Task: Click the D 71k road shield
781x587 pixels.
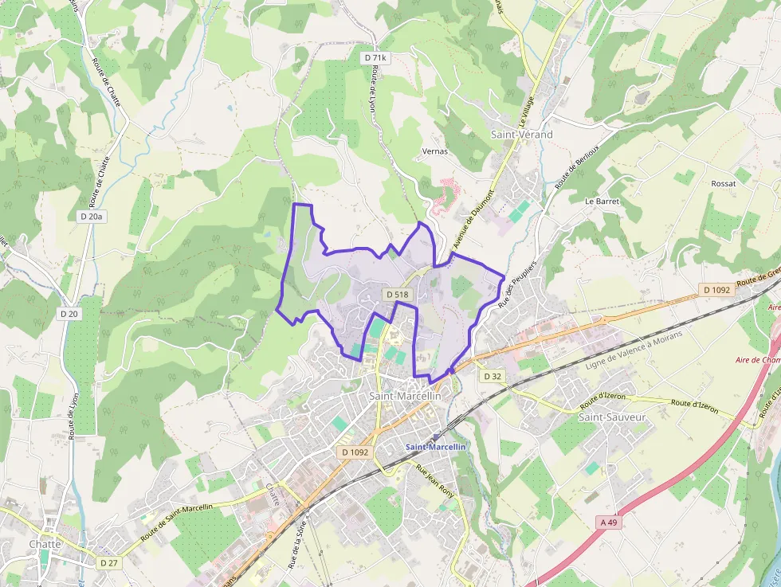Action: pyautogui.click(x=375, y=57)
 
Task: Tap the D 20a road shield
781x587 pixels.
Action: pyautogui.click(x=92, y=217)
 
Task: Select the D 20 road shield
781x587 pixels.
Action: pyautogui.click(x=69, y=314)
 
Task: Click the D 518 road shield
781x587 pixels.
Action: pyautogui.click(x=397, y=295)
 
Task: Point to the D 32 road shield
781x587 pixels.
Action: pyautogui.click(x=492, y=376)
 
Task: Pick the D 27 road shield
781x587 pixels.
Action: pyautogui.click(x=109, y=562)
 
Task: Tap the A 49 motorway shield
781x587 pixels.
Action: pyautogui.click(x=609, y=522)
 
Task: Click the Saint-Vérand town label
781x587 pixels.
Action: pyautogui.click(x=522, y=135)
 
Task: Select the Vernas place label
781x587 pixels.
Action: pyautogui.click(x=434, y=151)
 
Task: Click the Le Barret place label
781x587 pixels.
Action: pyautogui.click(x=602, y=202)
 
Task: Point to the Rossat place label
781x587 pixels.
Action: pyautogui.click(x=723, y=183)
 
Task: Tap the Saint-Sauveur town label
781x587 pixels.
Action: pyautogui.click(x=611, y=417)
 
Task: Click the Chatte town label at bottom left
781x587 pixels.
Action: pyautogui.click(x=45, y=544)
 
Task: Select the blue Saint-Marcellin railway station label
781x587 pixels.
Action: pyautogui.click(x=435, y=447)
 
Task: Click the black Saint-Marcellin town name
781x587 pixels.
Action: pyautogui.click(x=405, y=396)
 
